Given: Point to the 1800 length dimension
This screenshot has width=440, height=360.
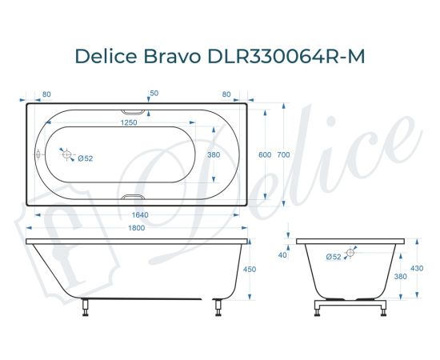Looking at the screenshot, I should click(x=137, y=230).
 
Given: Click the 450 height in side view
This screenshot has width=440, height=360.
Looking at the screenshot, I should click(x=249, y=270).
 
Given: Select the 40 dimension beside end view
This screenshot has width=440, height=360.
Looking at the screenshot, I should click(x=282, y=255).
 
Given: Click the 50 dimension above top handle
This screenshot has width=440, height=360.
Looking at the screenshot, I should click(x=154, y=94).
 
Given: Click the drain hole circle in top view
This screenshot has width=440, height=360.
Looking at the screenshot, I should click(x=67, y=155).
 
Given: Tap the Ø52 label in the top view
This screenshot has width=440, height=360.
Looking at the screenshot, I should click(x=86, y=158).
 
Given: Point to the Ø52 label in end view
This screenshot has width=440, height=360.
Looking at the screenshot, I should click(x=334, y=256).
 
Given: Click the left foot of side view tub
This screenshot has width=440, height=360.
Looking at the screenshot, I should click(x=86, y=308).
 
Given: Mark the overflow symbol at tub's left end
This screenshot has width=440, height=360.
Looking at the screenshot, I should click(x=37, y=155).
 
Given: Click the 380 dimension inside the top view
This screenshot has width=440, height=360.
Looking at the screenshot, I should click(x=214, y=154).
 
